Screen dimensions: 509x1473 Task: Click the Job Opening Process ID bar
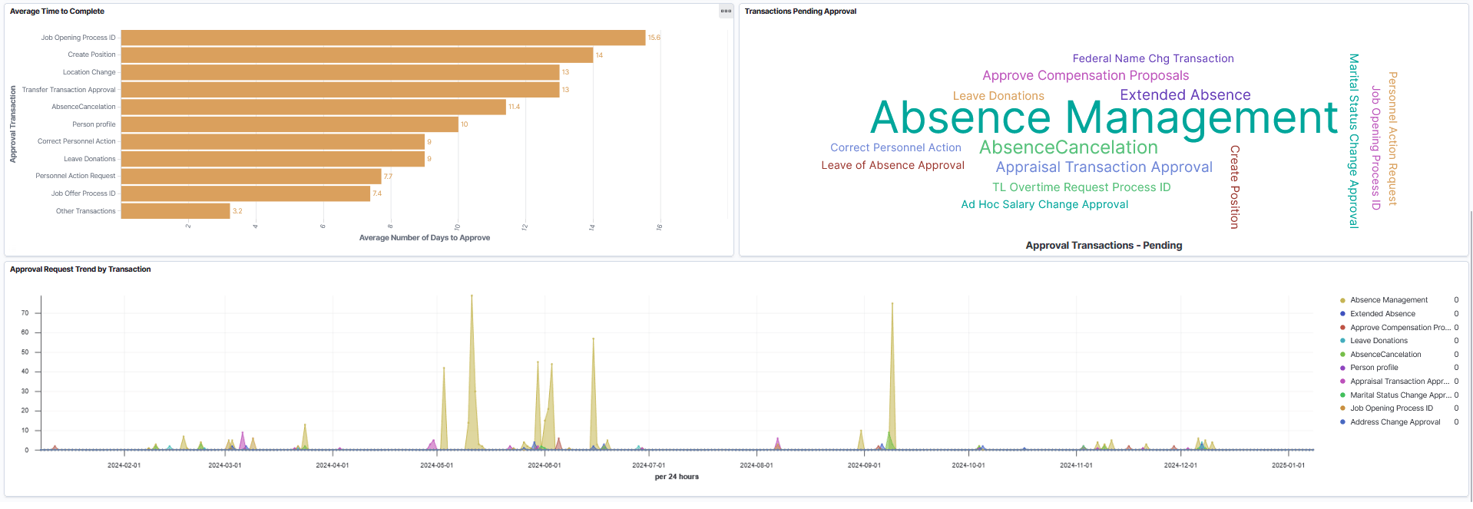pyautogui.click(x=382, y=38)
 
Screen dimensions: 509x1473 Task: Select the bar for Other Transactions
pyautogui.click(x=175, y=211)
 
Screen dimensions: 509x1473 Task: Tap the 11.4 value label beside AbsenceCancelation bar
pyautogui.click(x=514, y=107)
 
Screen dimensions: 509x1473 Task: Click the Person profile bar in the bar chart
pyautogui.click(x=289, y=124)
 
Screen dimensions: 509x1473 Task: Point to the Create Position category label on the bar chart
pyautogui.click(x=91, y=55)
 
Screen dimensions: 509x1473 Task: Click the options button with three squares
pyautogui.click(x=726, y=11)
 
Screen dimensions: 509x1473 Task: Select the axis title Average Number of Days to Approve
pyautogui.click(x=424, y=238)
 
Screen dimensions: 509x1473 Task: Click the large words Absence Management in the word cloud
pyautogui.click(x=1104, y=118)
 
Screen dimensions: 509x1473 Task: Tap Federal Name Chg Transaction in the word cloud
pyautogui.click(x=1153, y=58)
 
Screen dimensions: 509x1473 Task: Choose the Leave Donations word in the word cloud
pyautogui.click(x=998, y=96)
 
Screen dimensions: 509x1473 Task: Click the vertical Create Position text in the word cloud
pyautogui.click(x=1234, y=187)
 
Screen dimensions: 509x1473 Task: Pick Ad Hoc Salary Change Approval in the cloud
pyautogui.click(x=1044, y=204)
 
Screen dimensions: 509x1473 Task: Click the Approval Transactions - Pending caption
pyautogui.click(x=1104, y=246)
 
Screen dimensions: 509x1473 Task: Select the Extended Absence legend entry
pyautogui.click(x=1382, y=314)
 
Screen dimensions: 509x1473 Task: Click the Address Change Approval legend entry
pyautogui.click(x=1395, y=422)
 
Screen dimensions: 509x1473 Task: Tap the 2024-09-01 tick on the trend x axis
pyautogui.click(x=864, y=465)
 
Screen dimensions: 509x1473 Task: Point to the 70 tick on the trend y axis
pyautogui.click(x=25, y=313)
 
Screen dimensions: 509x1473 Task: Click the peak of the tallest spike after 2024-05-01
pyautogui.click(x=472, y=296)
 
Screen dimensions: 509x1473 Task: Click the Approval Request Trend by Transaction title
pyautogui.click(x=80, y=269)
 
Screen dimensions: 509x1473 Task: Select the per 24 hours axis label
pyautogui.click(x=677, y=477)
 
